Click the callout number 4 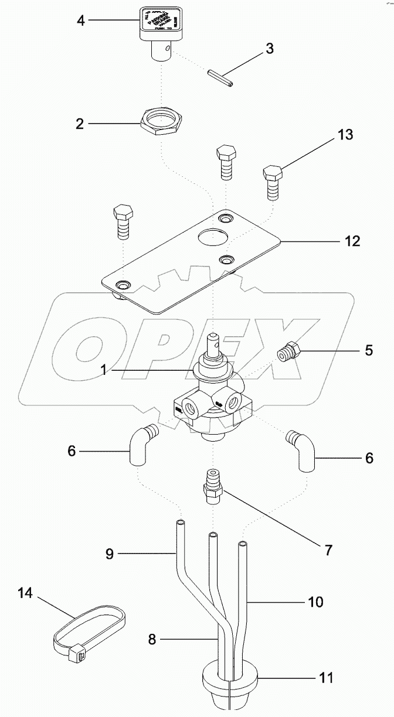click(x=81, y=22)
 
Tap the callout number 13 click(x=345, y=135)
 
